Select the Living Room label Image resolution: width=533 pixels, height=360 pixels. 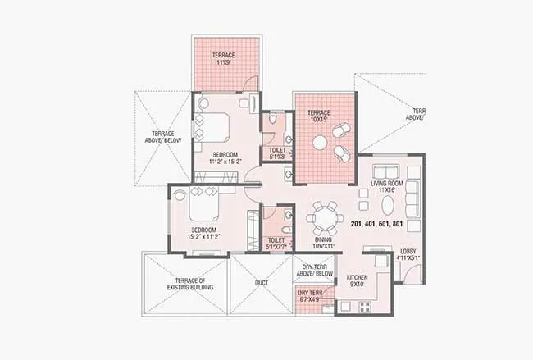[x=383, y=183]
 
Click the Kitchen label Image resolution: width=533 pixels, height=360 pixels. [x=357, y=278]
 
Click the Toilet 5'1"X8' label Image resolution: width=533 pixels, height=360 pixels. [x=276, y=153]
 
